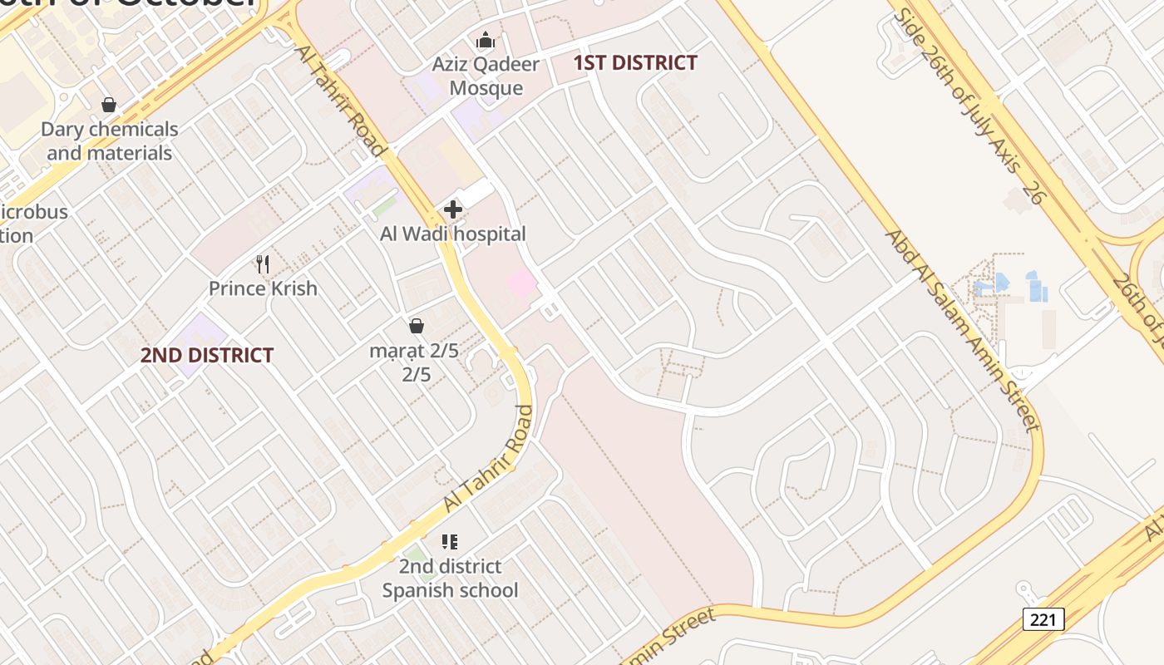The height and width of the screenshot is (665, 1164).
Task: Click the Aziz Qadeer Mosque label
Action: pos(486,76)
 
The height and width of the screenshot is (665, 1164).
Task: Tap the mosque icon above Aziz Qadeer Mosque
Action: pos(485,40)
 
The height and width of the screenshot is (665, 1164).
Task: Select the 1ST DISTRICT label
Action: pos(635,62)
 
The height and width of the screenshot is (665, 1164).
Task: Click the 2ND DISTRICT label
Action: pos(207,355)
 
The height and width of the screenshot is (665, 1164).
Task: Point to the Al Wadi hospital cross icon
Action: pos(453,209)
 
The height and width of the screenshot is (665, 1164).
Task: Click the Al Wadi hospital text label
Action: pos(453,234)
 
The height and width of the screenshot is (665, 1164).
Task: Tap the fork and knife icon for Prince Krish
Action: pos(263,264)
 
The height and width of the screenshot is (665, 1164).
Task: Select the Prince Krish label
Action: pos(263,288)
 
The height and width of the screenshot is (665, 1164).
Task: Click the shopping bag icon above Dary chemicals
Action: pos(109,105)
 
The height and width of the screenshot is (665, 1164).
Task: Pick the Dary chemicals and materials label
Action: pos(110,140)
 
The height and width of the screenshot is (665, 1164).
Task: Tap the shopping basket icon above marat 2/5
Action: pos(417,326)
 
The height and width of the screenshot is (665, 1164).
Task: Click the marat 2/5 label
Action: pos(415,362)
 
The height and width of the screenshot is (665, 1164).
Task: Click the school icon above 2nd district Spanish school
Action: pos(450,542)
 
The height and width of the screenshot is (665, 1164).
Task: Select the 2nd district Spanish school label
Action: pos(450,578)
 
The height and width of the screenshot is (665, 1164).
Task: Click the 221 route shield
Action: pos(1043,618)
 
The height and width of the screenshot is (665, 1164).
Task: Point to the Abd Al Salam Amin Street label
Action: pos(963,331)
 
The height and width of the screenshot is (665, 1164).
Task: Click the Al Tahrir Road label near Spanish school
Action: pos(488,458)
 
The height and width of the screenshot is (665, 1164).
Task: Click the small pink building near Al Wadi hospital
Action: pos(523,283)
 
